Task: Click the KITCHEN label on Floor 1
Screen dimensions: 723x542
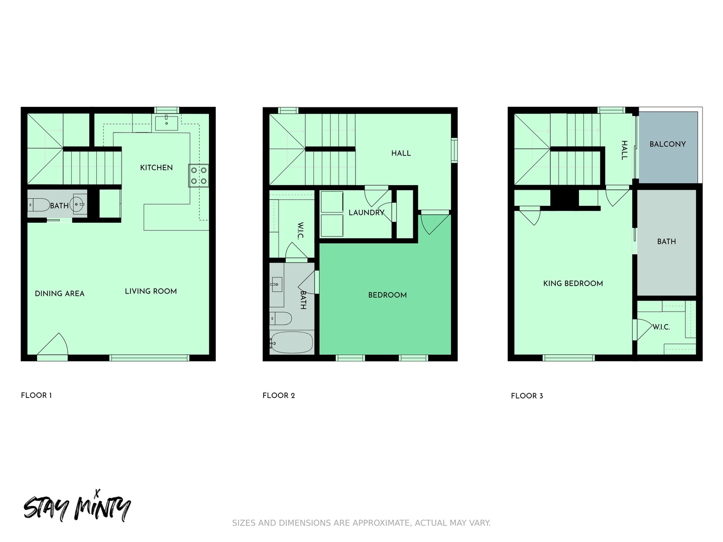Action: (156, 168)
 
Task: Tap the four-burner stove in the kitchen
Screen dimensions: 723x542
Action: (199, 176)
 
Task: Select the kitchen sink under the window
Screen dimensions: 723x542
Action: (166, 122)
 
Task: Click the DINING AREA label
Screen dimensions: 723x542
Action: (60, 294)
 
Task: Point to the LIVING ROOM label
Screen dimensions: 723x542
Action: (151, 291)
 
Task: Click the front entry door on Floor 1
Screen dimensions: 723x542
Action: (52, 346)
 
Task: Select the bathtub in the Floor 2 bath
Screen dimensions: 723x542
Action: (291, 342)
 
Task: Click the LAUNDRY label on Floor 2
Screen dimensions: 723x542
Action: (367, 213)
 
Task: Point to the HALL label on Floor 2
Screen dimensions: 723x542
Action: (401, 153)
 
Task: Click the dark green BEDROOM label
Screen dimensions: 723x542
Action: (387, 295)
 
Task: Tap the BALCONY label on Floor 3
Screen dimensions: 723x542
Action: (667, 144)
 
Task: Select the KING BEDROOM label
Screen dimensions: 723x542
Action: (573, 284)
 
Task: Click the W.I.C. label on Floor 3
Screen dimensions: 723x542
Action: (661, 327)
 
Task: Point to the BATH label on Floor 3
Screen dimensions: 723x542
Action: (666, 241)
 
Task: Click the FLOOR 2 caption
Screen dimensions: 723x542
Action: (279, 395)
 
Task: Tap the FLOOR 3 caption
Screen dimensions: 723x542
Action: (527, 396)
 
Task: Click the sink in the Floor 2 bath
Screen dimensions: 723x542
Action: (276, 285)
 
